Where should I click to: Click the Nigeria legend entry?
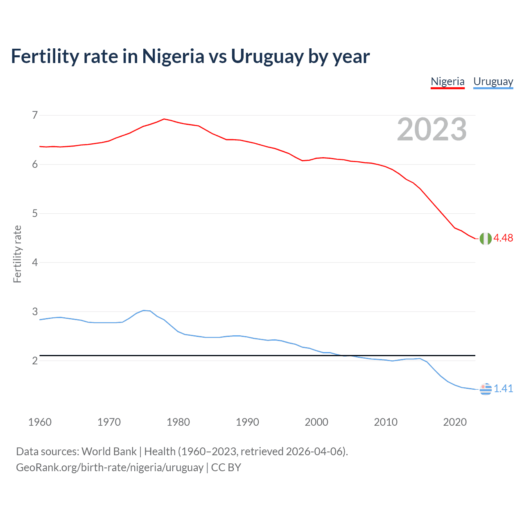[447, 81]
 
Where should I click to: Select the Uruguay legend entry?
[493, 81]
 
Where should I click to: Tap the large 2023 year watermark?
[431, 129]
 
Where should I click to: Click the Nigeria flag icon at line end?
[486, 238]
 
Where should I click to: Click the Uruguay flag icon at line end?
[486, 389]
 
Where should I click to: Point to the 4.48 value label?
[503, 238]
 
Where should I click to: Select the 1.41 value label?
[503, 389]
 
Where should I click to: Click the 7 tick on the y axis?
[35, 115]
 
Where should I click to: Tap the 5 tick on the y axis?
[35, 213]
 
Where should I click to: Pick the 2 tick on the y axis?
[35, 361]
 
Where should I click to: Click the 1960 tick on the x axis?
[40, 422]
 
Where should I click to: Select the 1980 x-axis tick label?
[178, 422]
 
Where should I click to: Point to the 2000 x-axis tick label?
[316, 422]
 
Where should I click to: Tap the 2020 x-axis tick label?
[455, 422]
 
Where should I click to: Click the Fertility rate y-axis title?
[17, 254]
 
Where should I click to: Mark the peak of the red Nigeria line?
[164, 119]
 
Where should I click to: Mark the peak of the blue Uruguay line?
[144, 310]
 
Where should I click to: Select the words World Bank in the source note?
[109, 452]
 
